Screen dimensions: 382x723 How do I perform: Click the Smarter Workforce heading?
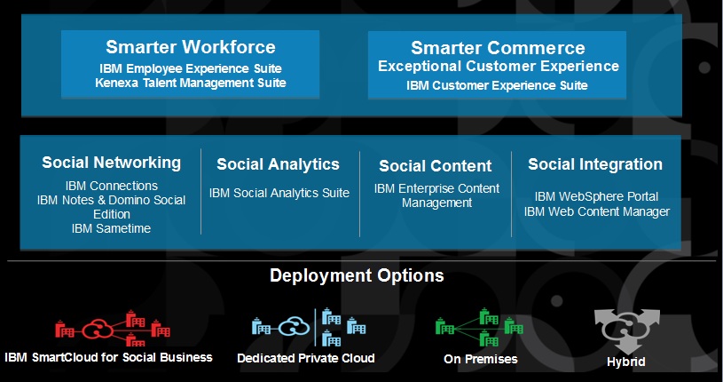(x=191, y=47)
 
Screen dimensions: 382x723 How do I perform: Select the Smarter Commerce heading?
(x=498, y=48)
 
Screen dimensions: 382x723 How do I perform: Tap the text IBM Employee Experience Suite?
(x=191, y=68)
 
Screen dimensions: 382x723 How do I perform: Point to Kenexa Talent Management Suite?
(x=191, y=83)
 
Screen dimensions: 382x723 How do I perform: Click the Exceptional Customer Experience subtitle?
(x=498, y=67)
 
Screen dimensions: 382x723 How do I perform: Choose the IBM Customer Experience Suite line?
(x=498, y=85)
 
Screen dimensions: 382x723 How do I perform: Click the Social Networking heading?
(x=111, y=163)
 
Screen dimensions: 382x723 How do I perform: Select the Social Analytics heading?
(x=278, y=164)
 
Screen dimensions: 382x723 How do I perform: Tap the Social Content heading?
(x=435, y=166)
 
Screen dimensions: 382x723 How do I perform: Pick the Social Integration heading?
(x=595, y=164)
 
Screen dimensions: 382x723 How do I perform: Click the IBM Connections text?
(x=111, y=186)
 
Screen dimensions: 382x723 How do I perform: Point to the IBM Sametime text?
(x=111, y=228)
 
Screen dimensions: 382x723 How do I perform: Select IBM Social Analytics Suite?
(x=279, y=193)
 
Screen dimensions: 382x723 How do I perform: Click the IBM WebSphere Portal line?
(x=596, y=196)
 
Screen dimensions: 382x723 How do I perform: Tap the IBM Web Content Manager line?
(x=596, y=211)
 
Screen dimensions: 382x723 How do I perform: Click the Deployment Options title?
(x=357, y=275)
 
